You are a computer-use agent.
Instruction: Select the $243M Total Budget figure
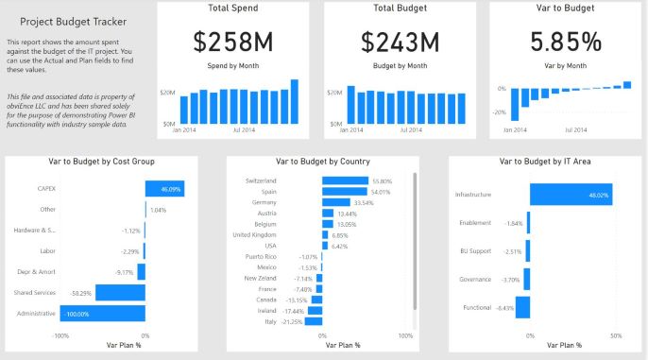pyautogui.click(x=400, y=42)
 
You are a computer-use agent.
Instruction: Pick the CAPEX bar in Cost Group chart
pyautogui.click(x=164, y=188)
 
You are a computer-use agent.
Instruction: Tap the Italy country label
pyautogui.click(x=294, y=322)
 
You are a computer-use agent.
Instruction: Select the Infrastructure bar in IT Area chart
pyautogui.click(x=565, y=195)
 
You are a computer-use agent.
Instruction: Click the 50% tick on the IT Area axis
pyautogui.click(x=616, y=335)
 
